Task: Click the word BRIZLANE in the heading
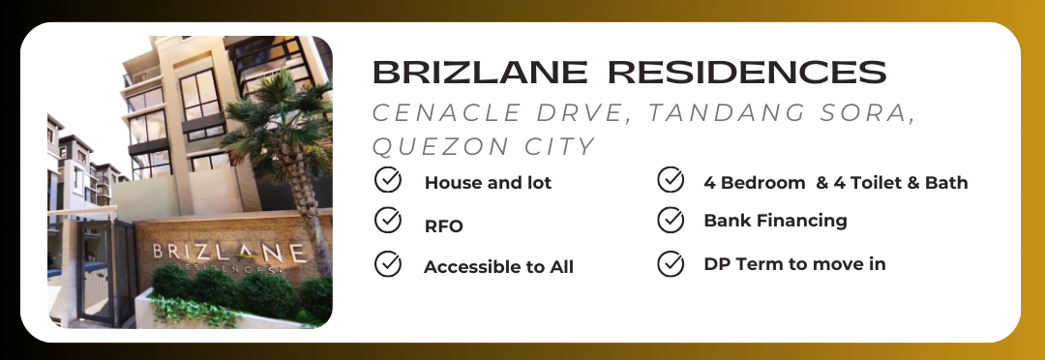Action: pyautogui.click(x=480, y=72)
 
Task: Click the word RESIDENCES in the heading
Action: pyautogui.click(x=747, y=72)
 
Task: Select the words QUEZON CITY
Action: pyautogui.click(x=483, y=147)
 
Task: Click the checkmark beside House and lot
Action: pyautogui.click(x=387, y=180)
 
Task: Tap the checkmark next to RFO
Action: pyautogui.click(x=387, y=220)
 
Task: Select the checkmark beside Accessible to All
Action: pyautogui.click(x=387, y=264)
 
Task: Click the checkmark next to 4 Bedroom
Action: pyautogui.click(x=671, y=180)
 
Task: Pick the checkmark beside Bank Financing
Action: pyautogui.click(x=671, y=220)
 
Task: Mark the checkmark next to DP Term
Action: pyautogui.click(x=671, y=264)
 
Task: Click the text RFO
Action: pyautogui.click(x=444, y=226)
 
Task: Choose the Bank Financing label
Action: pyautogui.click(x=775, y=221)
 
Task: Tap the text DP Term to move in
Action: pyautogui.click(x=794, y=264)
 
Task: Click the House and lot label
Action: pyautogui.click(x=488, y=183)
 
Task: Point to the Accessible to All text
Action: pyautogui.click(x=498, y=267)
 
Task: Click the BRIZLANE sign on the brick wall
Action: pyautogui.click(x=229, y=255)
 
